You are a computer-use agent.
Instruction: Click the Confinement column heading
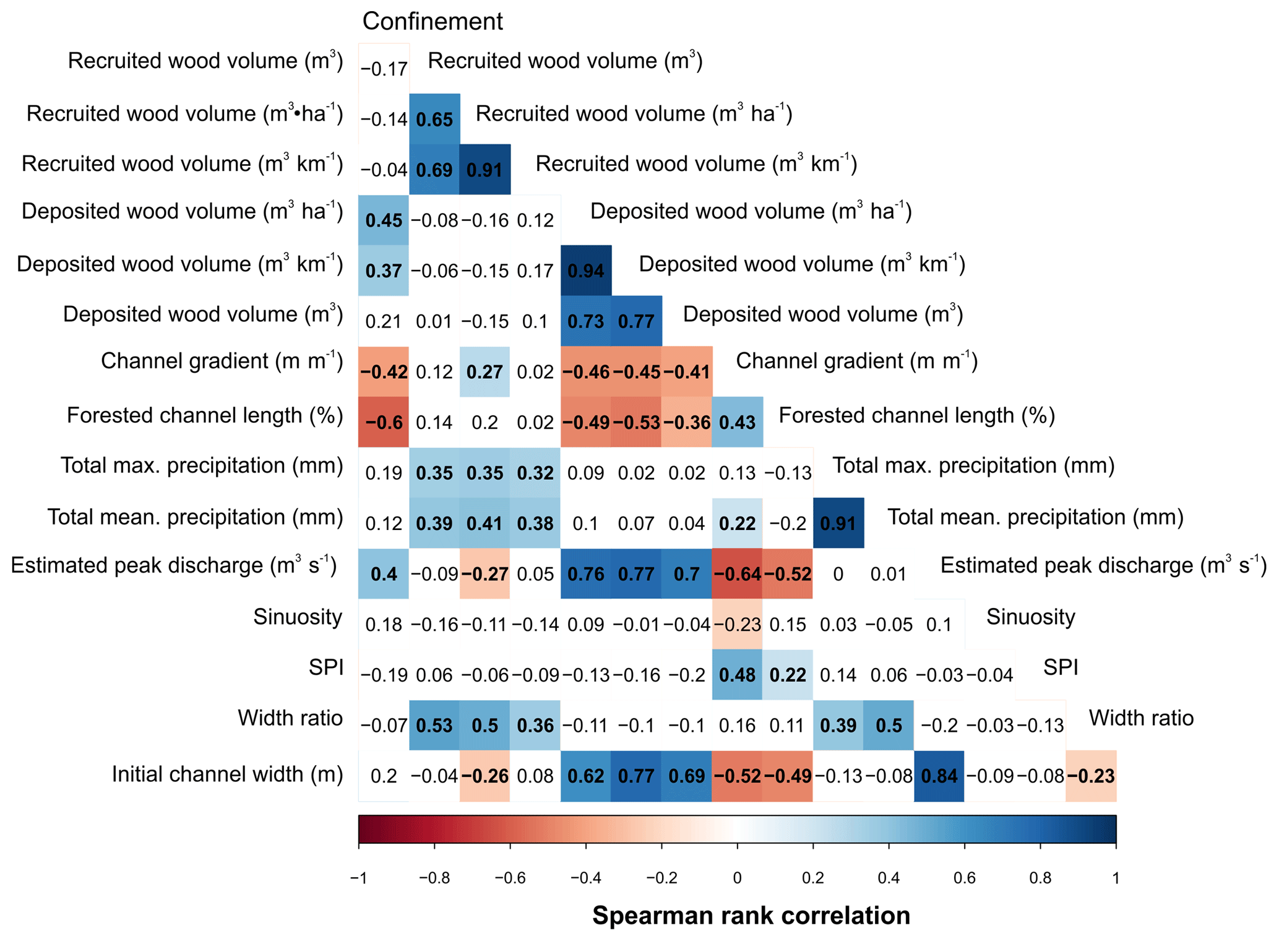(432, 22)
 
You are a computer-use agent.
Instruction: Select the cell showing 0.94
(586, 271)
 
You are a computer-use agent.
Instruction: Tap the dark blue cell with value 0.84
(939, 776)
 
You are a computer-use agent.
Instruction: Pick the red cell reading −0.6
(384, 422)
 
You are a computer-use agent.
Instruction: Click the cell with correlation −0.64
(737, 574)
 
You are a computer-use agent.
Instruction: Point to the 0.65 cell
(434, 119)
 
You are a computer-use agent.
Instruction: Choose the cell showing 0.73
(586, 321)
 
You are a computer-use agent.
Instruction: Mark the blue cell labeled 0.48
(737, 675)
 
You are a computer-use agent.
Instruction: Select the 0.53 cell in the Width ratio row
(434, 725)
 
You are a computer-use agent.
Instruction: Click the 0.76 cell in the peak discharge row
(586, 574)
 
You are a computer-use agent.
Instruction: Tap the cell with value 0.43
(737, 422)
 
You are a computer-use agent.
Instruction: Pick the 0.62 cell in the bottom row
(586, 776)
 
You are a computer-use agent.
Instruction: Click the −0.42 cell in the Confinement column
(384, 371)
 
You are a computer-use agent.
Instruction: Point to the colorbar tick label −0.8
(434, 878)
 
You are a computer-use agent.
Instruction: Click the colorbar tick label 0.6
(964, 878)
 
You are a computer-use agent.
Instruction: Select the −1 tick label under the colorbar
(358, 878)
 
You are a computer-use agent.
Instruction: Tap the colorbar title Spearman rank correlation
(751, 915)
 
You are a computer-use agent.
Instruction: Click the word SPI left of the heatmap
(326, 667)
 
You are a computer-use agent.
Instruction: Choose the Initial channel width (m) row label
(227, 774)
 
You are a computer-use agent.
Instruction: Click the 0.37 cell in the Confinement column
(384, 271)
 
